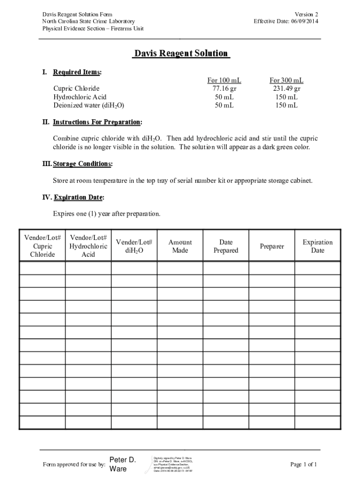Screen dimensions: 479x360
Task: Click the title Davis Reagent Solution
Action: [x=180, y=54]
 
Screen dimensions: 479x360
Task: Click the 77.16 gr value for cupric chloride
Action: [x=224, y=88]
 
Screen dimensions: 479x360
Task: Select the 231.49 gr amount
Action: [x=286, y=88]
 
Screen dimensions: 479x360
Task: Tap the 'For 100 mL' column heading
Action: [x=224, y=80]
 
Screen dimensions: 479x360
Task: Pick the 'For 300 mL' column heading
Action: [x=286, y=80]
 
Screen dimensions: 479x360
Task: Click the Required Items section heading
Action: [x=77, y=72]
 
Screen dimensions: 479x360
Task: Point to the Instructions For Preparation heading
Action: [x=97, y=122]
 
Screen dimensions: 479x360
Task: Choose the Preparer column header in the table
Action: [x=272, y=246]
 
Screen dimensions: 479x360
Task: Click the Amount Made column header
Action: [x=180, y=246]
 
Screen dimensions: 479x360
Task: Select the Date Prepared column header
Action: [x=226, y=246]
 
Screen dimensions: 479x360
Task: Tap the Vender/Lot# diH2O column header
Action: [x=134, y=246]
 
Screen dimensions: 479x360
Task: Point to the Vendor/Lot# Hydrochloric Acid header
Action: [x=88, y=246]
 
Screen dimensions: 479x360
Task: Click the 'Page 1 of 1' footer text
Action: [x=303, y=464]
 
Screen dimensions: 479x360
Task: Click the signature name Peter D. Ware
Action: [x=122, y=464]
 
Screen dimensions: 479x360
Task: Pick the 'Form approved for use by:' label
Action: [x=73, y=464]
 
